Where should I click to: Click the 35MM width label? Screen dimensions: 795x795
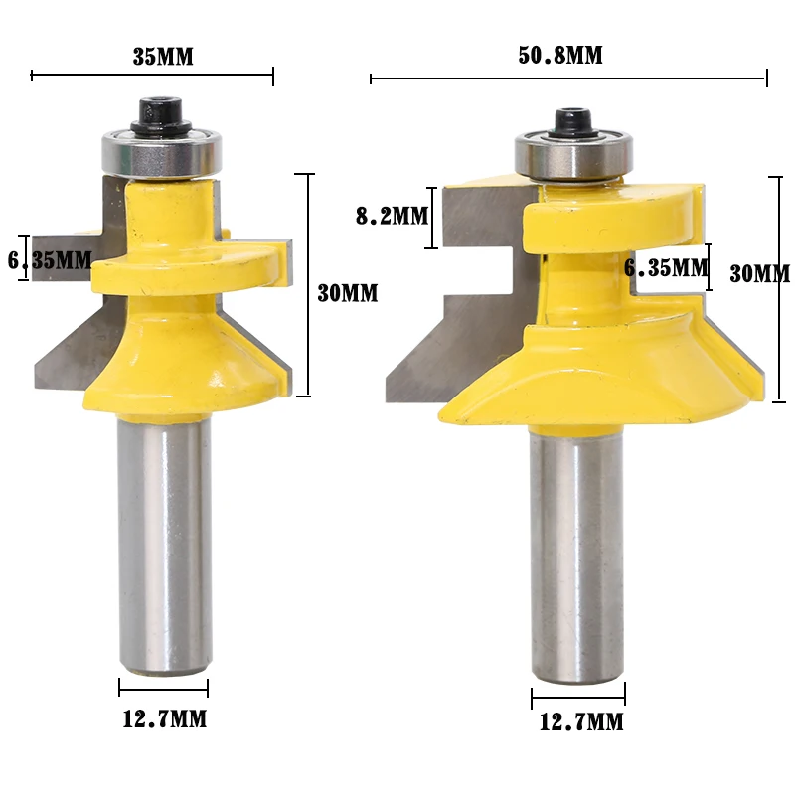(x=163, y=57)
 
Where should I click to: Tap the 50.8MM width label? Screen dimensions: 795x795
(x=560, y=55)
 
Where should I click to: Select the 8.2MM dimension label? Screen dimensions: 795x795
(x=392, y=216)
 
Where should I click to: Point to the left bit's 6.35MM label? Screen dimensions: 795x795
(x=50, y=260)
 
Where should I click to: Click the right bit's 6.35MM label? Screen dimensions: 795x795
(x=666, y=267)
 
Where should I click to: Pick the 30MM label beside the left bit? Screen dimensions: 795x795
(x=347, y=293)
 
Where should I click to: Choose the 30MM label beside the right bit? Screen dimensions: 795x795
(x=759, y=274)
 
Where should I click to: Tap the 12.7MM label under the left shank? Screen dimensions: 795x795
(x=165, y=718)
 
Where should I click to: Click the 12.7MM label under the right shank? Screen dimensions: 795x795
(x=581, y=721)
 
